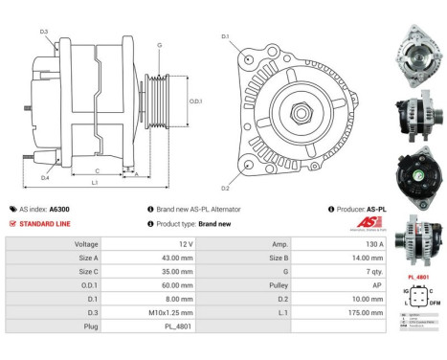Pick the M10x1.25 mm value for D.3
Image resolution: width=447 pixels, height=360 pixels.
178,311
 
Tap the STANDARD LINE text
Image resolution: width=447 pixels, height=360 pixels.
44,223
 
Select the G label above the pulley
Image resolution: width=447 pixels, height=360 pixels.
159,45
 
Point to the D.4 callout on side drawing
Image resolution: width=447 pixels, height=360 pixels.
45,176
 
